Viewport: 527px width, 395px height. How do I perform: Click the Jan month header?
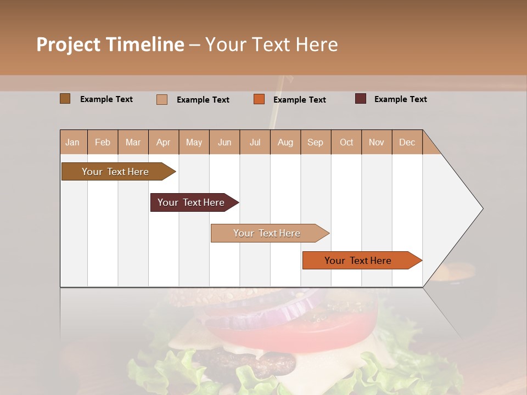[x=72, y=142]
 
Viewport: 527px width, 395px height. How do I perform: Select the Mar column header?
[x=133, y=142]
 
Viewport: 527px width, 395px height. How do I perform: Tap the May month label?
[x=194, y=142]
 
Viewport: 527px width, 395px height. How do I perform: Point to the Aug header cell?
[x=285, y=142]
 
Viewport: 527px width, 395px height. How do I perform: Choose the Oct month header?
[x=346, y=142]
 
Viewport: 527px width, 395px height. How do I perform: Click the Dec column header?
[x=407, y=142]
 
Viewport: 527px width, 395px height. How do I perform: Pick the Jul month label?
[x=255, y=142]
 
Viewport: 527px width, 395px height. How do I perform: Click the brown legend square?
[x=65, y=99]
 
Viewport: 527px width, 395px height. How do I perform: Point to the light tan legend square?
[x=161, y=99]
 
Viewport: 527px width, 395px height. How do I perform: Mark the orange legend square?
[x=259, y=99]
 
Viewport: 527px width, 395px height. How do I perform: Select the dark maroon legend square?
[x=360, y=99]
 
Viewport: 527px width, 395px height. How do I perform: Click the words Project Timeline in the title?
[x=110, y=44]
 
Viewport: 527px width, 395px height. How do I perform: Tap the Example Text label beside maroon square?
[x=400, y=99]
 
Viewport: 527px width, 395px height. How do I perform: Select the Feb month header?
[x=103, y=142]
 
